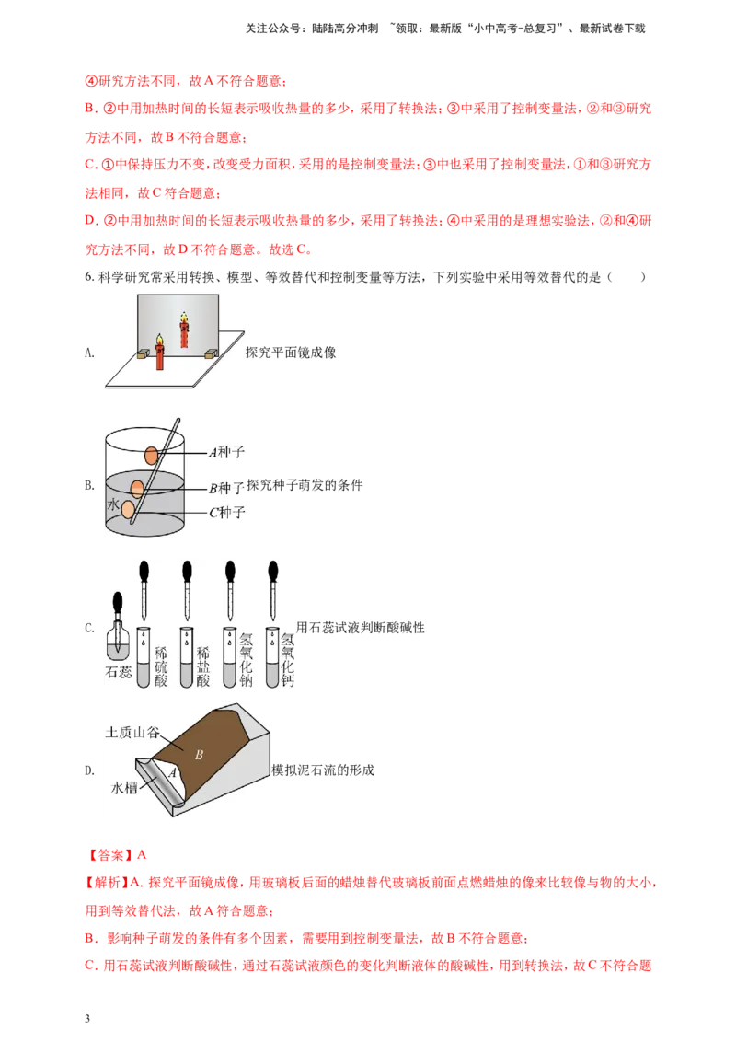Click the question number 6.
pos(89,277)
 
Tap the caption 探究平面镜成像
pos(291,353)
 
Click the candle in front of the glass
pos(159,353)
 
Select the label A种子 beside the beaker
pos(226,453)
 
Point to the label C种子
pos(227,513)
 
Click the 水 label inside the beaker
pos(113,504)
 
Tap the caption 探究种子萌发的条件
pos(305,485)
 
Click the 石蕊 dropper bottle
pos(119,628)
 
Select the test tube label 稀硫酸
pos(161,666)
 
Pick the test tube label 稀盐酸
pos(202,666)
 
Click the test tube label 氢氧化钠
pos(246,659)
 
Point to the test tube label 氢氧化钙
pos(287,659)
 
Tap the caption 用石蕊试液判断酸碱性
pos(360,628)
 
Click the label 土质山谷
pos(132,733)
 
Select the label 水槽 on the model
pos(123,788)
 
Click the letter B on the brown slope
pos(199,755)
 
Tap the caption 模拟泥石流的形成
pos(323,770)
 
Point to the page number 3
pos(87,1019)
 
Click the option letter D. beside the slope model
pos(89,770)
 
